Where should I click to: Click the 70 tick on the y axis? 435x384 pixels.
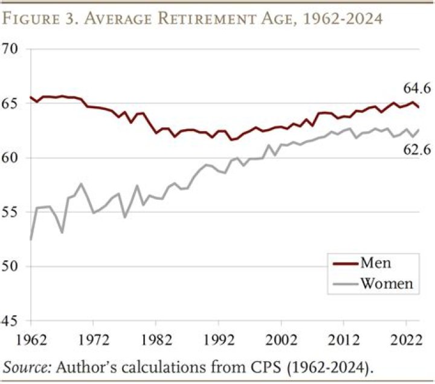click(13, 49)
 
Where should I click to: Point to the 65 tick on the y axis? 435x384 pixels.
click(13, 103)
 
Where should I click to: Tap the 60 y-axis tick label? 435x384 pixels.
click(13, 158)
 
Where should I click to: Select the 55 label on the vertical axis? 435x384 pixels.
click(13, 212)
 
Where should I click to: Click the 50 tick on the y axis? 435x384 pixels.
click(13, 266)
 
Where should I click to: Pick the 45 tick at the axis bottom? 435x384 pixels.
click(13, 321)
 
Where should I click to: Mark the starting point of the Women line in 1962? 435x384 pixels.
click(31, 239)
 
